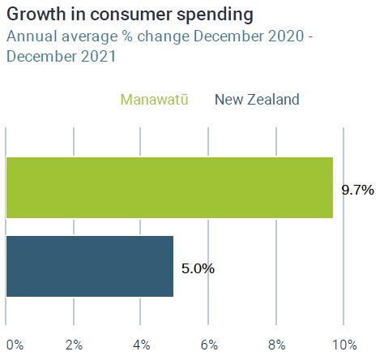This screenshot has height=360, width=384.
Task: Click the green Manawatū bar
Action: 169,187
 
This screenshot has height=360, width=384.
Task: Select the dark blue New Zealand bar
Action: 90,266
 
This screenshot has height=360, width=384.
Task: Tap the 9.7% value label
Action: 358,190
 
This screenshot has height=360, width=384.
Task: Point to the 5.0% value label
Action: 198,268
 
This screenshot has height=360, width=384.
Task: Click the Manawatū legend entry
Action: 154,100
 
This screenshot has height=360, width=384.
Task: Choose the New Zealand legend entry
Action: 257,100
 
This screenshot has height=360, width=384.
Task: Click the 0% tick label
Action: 15,345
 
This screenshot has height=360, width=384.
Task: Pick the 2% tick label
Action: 74,345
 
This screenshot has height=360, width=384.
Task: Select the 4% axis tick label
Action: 142,345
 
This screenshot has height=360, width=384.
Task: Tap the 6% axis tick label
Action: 209,345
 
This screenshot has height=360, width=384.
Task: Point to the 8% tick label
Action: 277,345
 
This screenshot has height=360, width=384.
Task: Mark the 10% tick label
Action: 344,345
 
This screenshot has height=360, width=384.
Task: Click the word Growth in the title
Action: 36,14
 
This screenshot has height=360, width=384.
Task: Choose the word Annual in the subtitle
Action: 32,36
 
